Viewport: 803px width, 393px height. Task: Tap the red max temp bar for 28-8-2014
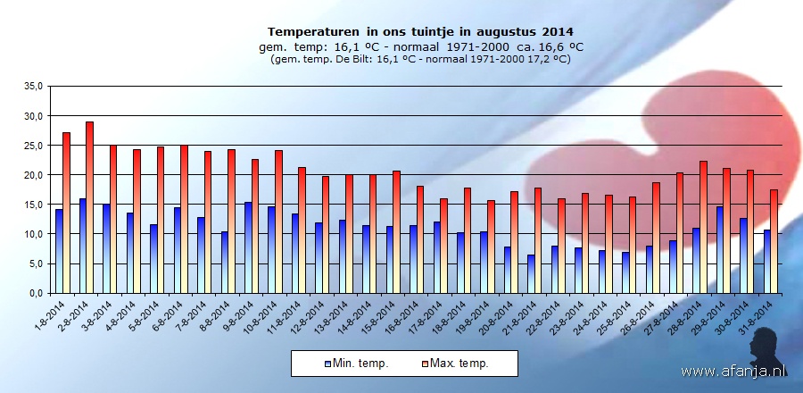[704, 227]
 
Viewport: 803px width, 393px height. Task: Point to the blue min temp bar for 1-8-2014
[59, 251]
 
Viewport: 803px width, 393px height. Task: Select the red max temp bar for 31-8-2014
[774, 241]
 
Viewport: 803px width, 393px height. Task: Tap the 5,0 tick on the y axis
[35, 263]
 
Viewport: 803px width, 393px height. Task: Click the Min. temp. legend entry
[356, 363]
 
